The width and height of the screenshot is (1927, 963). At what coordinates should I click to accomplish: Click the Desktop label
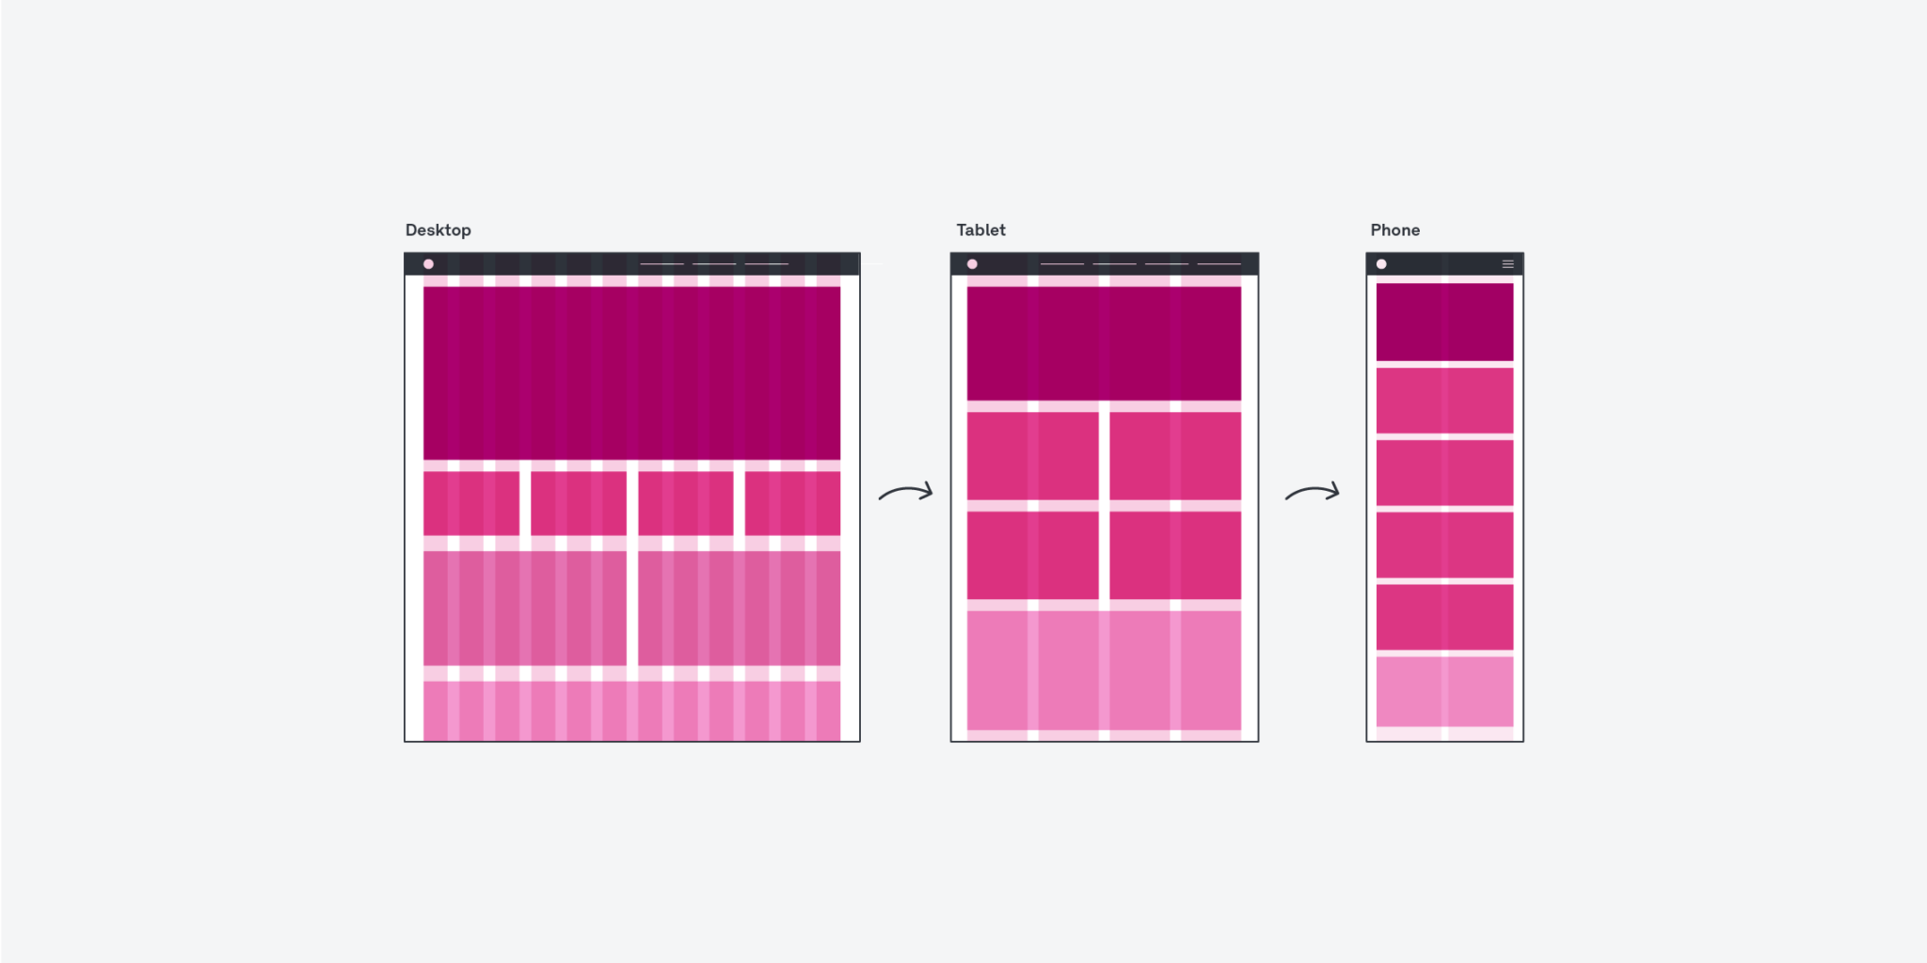tap(438, 230)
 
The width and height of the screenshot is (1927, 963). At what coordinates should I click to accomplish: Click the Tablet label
tap(980, 230)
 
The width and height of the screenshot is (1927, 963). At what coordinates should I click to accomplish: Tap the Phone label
tap(1394, 230)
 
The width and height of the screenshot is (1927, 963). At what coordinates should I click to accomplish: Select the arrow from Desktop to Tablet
tap(906, 492)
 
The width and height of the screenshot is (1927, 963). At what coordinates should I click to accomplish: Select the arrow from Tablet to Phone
tap(1313, 492)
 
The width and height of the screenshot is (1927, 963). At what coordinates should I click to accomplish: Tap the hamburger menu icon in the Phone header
tap(1507, 264)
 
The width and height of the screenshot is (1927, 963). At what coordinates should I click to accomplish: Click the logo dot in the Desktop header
tap(428, 264)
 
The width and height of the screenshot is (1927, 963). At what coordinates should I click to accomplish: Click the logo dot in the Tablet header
tap(972, 264)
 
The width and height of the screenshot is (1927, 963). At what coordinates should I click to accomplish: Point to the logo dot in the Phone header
tap(1381, 264)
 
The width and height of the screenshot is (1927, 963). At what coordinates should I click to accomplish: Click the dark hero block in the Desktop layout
tap(631, 372)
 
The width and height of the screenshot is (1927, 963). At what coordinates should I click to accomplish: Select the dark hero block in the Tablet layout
tap(1104, 343)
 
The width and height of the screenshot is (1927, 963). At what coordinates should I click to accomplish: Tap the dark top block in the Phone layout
tap(1444, 322)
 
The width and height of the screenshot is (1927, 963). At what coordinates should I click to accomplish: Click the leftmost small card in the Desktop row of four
tap(471, 503)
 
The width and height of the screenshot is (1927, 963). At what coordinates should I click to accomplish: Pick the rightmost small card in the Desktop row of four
tap(792, 503)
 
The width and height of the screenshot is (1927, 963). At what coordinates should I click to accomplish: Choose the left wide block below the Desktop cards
tap(524, 608)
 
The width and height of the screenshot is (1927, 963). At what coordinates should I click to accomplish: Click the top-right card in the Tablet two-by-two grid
tap(1175, 455)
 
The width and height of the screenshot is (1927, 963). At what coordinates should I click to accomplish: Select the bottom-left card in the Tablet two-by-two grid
tap(1032, 555)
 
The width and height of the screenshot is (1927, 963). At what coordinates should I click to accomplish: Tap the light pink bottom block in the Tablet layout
tap(1104, 670)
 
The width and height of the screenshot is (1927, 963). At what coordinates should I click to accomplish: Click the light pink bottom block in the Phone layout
tap(1444, 691)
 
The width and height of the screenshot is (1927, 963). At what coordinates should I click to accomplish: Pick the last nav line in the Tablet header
tap(1218, 264)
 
